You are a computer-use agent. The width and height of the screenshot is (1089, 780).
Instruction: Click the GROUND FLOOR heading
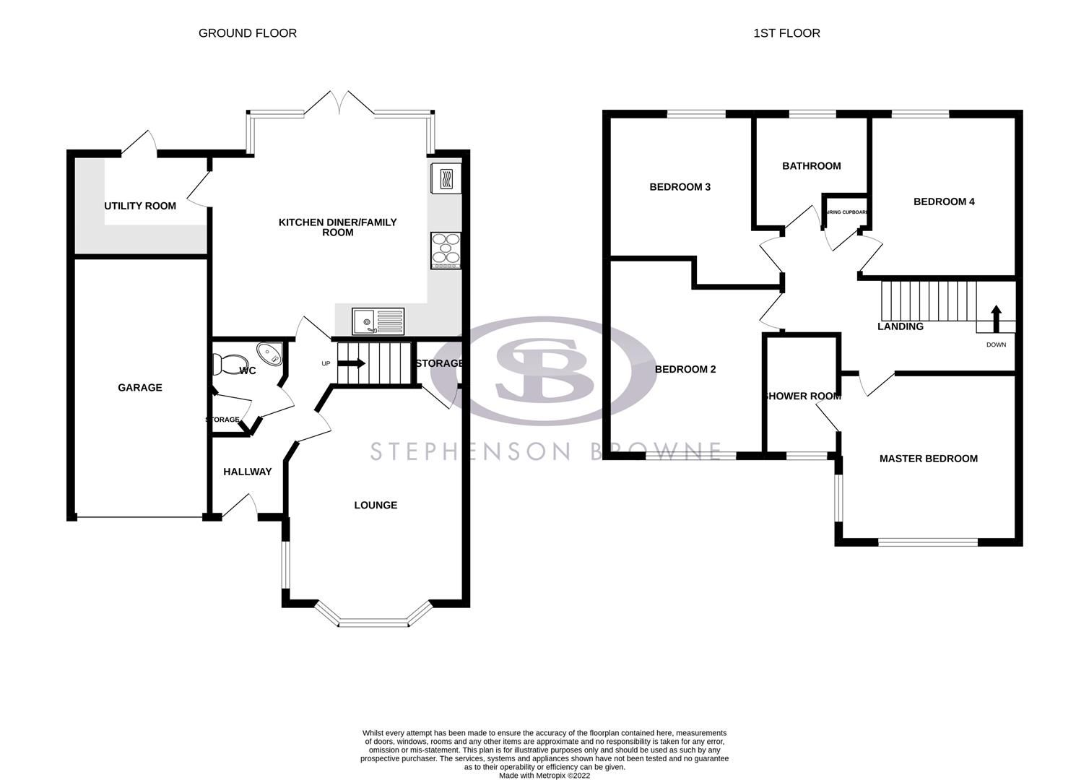[247, 33]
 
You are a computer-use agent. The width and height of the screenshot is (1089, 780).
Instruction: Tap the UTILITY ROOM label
[140, 206]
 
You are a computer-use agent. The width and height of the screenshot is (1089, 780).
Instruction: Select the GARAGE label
[140, 388]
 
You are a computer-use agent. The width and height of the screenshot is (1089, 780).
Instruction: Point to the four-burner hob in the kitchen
[446, 250]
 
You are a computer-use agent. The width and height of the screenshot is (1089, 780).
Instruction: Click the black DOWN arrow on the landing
[996, 317]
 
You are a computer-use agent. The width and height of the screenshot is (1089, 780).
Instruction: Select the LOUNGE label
[376, 506]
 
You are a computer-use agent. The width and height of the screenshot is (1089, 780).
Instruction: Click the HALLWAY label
[247, 472]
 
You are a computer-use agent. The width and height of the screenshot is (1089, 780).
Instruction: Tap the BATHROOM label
[812, 166]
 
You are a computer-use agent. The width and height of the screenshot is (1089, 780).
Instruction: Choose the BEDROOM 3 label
[680, 187]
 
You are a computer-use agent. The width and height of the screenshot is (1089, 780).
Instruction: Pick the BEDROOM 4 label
[944, 201]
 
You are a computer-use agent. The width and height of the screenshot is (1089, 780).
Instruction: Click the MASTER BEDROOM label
[928, 459]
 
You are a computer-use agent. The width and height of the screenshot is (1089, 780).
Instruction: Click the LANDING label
[900, 326]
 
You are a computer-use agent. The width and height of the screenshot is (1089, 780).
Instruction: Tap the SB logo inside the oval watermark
[543, 370]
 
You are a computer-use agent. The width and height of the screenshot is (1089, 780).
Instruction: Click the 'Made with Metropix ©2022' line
[544, 776]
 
